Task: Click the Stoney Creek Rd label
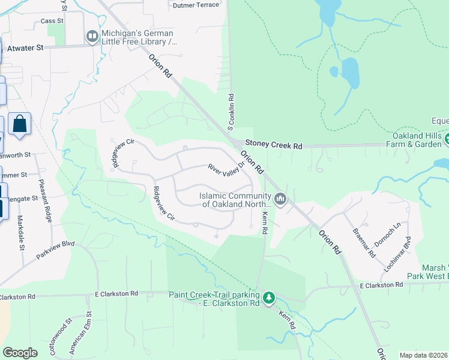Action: (273, 145)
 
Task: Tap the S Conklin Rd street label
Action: (231, 112)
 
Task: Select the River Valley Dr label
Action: (227, 167)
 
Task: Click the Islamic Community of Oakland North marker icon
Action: (280, 199)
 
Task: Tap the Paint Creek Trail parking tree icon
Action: (270, 297)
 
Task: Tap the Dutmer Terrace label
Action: (196, 5)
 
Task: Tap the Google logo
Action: (19, 353)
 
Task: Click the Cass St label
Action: (48, 21)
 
